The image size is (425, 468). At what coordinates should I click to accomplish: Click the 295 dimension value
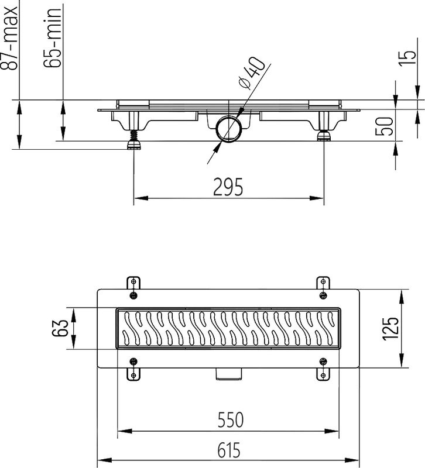[x=228, y=187]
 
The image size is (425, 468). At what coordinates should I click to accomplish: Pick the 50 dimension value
[x=384, y=125]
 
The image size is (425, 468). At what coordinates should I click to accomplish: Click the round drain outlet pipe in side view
[x=228, y=129]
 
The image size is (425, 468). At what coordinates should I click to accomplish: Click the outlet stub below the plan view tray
[x=228, y=374]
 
